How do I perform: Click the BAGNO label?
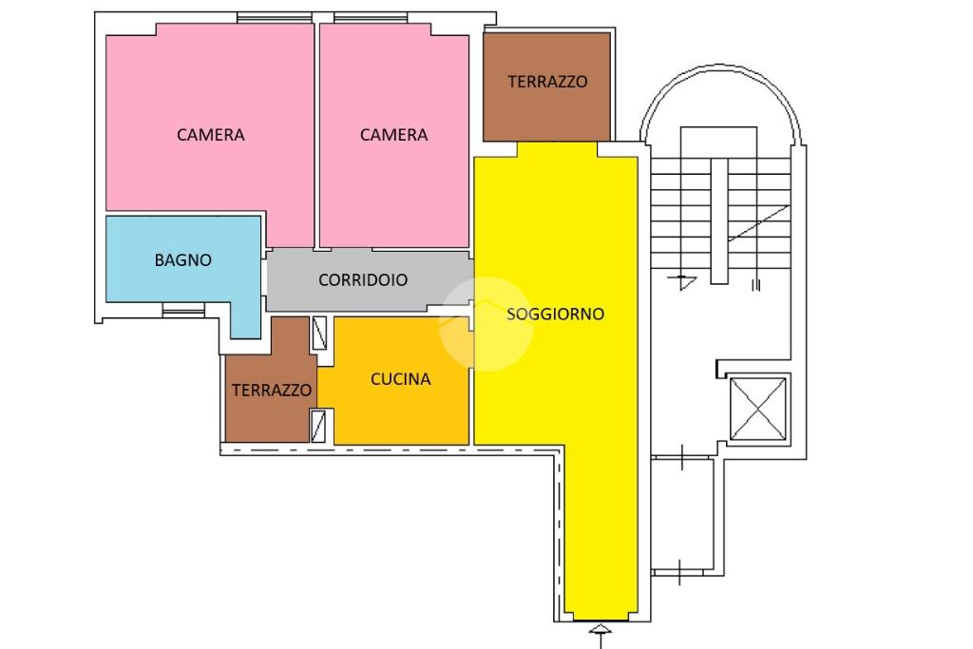[x=183, y=260]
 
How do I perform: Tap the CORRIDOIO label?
[x=363, y=279]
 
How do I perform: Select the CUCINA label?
[x=400, y=379]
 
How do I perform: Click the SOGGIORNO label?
[x=555, y=314]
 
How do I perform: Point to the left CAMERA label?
[x=210, y=135]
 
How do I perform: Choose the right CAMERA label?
[x=393, y=135]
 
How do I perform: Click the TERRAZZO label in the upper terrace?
[x=547, y=82]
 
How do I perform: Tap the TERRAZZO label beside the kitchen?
[x=272, y=391]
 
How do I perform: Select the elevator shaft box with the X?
[x=757, y=409]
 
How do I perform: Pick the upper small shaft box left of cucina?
[x=319, y=333]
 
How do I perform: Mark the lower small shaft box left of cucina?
[x=318, y=426]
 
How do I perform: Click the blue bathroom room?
[x=183, y=267]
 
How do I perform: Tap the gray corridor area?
[x=370, y=280]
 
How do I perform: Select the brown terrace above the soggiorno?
[x=546, y=86]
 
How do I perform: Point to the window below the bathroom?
[x=183, y=310]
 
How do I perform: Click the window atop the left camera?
[x=275, y=18]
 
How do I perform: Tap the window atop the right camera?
[x=371, y=18]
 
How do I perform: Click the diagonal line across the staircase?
[x=758, y=223]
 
